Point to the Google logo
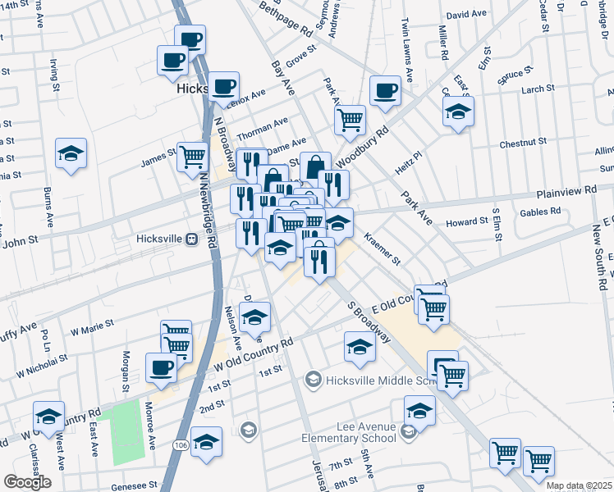click(x=27, y=481)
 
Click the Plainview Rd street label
click(x=566, y=191)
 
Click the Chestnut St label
click(x=517, y=143)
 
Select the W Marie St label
click(x=91, y=327)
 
